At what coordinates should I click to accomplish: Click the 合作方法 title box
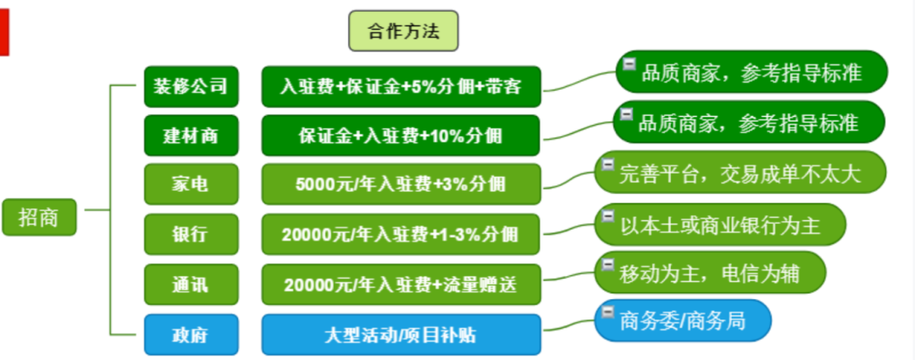403,31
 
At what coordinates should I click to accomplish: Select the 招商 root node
39,217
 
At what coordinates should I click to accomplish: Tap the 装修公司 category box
191,86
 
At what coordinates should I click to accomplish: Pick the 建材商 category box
191,136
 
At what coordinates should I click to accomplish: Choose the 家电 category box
191,185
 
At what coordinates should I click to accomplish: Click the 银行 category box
191,234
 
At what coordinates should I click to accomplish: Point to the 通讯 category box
191,284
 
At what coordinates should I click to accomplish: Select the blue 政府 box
191,335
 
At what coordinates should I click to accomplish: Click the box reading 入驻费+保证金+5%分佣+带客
402,86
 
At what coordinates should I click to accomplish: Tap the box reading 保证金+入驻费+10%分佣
402,136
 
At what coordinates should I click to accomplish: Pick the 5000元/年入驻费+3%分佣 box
402,185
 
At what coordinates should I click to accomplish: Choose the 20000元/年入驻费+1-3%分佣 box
402,234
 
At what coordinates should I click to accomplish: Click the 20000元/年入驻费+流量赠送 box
402,284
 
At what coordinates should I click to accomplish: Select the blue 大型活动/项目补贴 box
402,335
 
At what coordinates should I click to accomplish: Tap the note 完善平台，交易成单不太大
740,172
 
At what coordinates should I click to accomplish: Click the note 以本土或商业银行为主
720,224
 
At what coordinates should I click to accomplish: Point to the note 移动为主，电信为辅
710,273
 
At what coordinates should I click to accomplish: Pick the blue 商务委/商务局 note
684,320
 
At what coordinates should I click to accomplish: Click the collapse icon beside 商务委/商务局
608,313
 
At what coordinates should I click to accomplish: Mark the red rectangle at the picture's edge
4,33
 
